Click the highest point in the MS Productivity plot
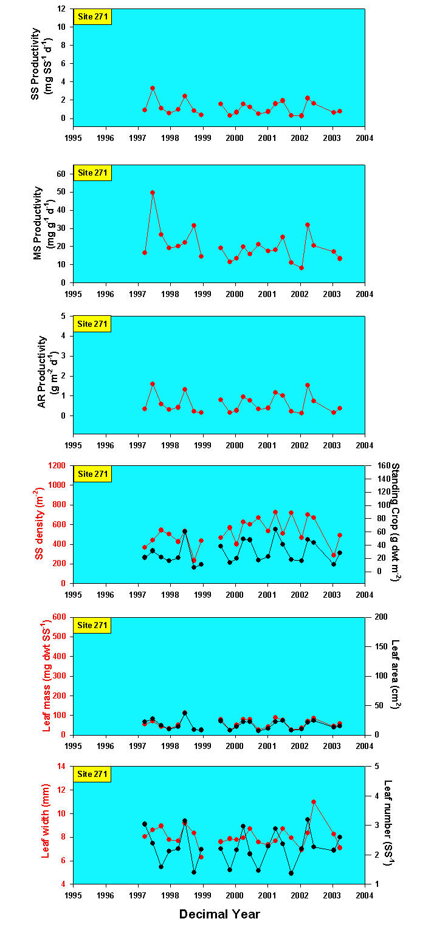(x=153, y=193)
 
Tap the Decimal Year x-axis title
(x=219, y=914)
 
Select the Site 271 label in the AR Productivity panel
(x=92, y=324)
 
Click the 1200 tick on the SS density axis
(x=58, y=465)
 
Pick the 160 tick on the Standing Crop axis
(x=378, y=465)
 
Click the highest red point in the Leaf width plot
(x=314, y=802)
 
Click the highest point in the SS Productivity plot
(x=153, y=88)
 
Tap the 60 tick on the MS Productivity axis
(x=63, y=174)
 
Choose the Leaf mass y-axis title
(x=46, y=676)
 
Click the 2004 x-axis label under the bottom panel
(x=364, y=895)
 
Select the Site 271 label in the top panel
(x=92, y=16)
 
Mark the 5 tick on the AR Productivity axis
(x=65, y=316)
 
